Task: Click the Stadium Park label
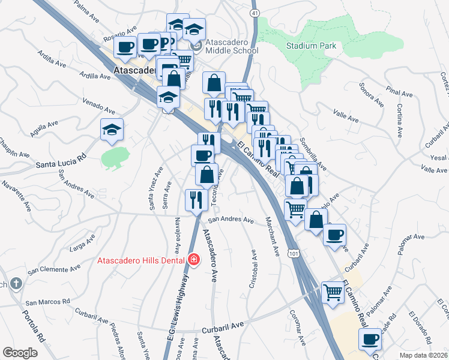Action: (311, 46)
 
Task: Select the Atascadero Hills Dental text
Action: (142, 260)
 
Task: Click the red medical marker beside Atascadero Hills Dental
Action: (194, 260)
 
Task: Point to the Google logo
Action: (20, 353)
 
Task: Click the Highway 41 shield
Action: (256, 13)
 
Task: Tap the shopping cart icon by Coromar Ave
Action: (332, 293)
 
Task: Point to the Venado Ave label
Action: (99, 107)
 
